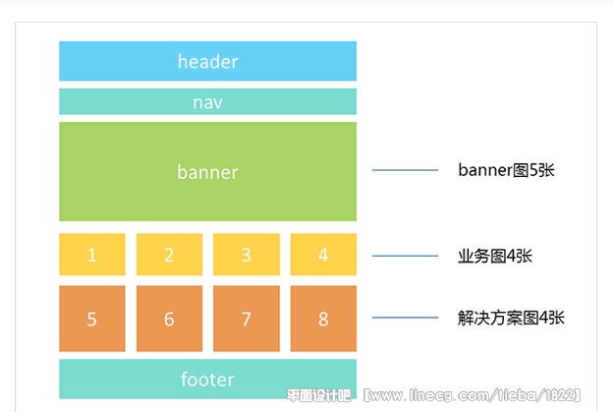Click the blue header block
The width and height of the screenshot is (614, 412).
tap(207, 61)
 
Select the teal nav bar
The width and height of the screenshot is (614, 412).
tap(207, 101)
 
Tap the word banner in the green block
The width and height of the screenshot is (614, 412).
tap(207, 172)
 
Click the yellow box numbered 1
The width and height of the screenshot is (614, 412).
tap(92, 255)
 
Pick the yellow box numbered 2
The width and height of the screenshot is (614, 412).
tap(169, 255)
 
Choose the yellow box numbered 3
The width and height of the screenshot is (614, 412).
tap(247, 255)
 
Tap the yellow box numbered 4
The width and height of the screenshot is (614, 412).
tap(323, 255)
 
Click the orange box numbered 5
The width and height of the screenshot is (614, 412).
tap(92, 319)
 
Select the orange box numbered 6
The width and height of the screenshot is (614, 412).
tap(169, 319)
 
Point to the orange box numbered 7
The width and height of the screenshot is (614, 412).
tap(247, 319)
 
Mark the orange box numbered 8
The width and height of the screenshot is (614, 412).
tap(323, 319)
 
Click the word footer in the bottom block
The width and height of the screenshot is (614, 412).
tap(207, 380)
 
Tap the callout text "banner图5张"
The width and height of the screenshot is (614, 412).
tap(506, 170)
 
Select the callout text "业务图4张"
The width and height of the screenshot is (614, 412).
tap(495, 256)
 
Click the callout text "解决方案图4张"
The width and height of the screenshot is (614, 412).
tap(511, 318)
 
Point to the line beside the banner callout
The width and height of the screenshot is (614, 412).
tap(405, 170)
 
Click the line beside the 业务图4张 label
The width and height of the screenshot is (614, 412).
tap(405, 256)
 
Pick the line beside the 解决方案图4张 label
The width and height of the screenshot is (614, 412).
tap(405, 318)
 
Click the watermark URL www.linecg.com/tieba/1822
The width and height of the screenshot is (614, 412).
tap(473, 395)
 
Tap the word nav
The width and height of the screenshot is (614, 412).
tap(207, 102)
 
